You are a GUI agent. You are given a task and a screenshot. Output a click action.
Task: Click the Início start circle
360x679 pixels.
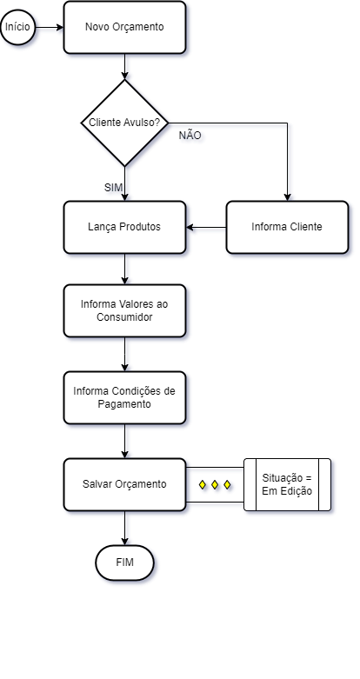pyautogui.click(x=17, y=27)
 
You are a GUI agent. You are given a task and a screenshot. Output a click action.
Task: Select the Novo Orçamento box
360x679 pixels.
pyautogui.click(x=124, y=27)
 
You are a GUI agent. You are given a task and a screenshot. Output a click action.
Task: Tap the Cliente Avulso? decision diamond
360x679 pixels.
pyautogui.click(x=124, y=123)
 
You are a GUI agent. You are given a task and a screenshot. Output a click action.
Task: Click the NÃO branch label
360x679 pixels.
pyautogui.click(x=190, y=136)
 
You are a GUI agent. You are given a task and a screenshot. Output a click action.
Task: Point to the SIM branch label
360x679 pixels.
pyautogui.click(x=114, y=188)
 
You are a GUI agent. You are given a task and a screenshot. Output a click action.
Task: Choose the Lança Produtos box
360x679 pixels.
pyautogui.click(x=124, y=227)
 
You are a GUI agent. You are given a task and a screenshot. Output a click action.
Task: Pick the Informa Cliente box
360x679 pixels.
pyautogui.click(x=287, y=227)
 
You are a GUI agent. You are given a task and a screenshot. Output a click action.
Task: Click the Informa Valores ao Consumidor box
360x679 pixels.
pyautogui.click(x=124, y=310)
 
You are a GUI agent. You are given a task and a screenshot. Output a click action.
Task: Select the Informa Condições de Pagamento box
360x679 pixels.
pyautogui.click(x=124, y=397)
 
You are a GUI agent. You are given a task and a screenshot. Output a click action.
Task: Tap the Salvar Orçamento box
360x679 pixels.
pyautogui.click(x=124, y=484)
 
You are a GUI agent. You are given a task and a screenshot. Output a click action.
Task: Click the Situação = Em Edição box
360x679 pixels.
pyautogui.click(x=287, y=484)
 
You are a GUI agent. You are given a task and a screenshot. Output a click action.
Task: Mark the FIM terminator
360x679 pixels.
pyautogui.click(x=124, y=563)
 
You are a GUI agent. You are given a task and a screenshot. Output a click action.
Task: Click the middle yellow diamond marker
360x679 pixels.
pyautogui.click(x=215, y=484)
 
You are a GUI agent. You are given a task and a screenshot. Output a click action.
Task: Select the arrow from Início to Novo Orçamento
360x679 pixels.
pyautogui.click(x=50, y=27)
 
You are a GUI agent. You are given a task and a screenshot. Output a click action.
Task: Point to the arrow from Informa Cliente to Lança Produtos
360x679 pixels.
pyautogui.click(x=206, y=227)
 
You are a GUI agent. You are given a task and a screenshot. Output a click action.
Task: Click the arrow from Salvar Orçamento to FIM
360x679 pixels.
pyautogui.click(x=124, y=529)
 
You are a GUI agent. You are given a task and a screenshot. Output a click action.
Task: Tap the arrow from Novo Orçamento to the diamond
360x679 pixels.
pyautogui.click(x=124, y=67)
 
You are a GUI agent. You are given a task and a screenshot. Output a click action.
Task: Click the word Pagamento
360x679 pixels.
pyautogui.click(x=124, y=404)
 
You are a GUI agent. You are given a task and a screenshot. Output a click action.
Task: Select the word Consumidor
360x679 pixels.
pyautogui.click(x=124, y=317)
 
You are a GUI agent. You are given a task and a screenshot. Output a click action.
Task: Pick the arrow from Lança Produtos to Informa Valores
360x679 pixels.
pyautogui.click(x=124, y=269)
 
